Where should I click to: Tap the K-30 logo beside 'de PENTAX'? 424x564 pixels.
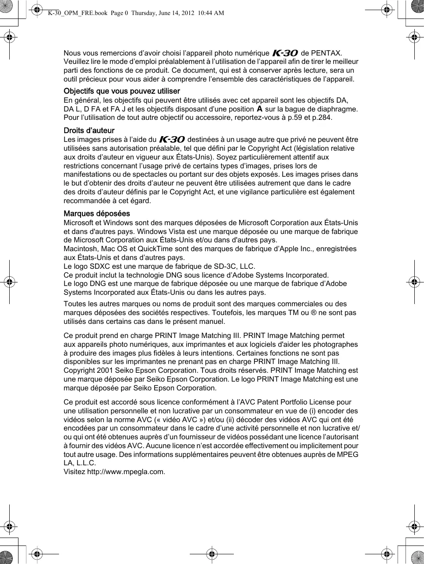point(285,53)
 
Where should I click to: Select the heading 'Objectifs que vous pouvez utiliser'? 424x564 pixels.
point(122,91)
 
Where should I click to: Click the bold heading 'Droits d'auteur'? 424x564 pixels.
point(89,130)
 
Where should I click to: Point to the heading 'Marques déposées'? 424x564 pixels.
point(97,214)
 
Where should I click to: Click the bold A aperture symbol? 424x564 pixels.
point(259,109)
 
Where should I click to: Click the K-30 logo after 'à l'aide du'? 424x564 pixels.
point(172,140)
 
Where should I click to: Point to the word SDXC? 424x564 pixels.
point(101,266)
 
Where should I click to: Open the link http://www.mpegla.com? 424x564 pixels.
point(126,472)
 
